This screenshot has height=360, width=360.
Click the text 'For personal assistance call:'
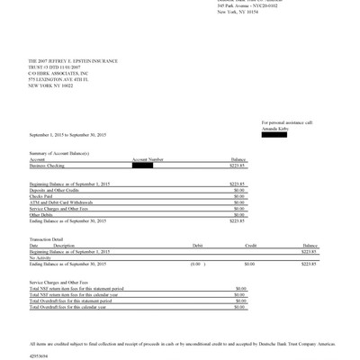[287, 121]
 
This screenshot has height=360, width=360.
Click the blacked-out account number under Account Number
[142, 166]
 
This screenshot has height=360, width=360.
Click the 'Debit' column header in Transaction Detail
[197, 244]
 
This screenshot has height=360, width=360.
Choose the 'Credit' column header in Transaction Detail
[251, 244]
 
